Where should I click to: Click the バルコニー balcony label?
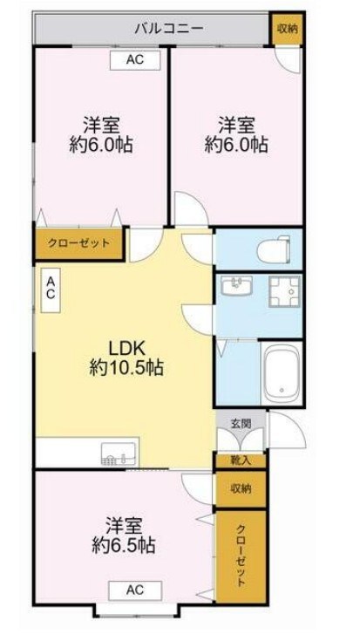169,28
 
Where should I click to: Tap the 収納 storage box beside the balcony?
287,28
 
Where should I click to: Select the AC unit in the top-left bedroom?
134,59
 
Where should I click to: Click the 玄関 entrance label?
240,424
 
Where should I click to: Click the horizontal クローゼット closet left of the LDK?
78,243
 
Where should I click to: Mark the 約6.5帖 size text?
125,547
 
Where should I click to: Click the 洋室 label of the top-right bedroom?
235,122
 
